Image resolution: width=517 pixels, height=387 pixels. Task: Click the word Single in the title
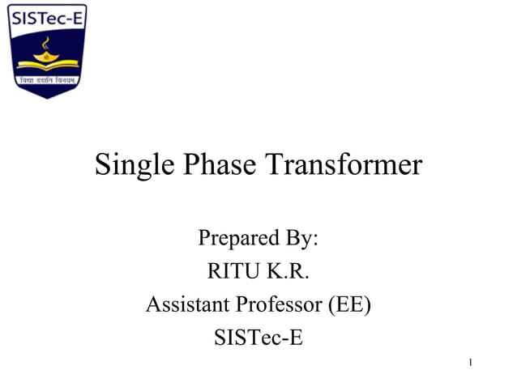coord(130,166)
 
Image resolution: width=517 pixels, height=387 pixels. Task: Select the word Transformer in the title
coord(344,165)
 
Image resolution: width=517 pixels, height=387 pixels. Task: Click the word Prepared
coord(236,240)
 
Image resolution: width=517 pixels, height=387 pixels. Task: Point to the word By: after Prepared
coord(299,240)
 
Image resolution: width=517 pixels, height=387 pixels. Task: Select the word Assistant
coord(188,305)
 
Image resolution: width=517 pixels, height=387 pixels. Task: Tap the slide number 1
coord(469,362)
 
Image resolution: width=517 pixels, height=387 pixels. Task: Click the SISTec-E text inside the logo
coord(47,18)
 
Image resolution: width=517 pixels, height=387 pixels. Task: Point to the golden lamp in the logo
coord(46,54)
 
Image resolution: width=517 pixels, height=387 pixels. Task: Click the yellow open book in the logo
coord(46,66)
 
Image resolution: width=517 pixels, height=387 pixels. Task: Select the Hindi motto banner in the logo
coord(47,79)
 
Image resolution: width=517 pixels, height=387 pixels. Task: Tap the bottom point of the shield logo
coord(47,97)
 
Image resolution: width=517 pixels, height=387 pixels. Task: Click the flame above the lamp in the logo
coord(46,40)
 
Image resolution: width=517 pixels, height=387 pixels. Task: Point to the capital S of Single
coord(103,165)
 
